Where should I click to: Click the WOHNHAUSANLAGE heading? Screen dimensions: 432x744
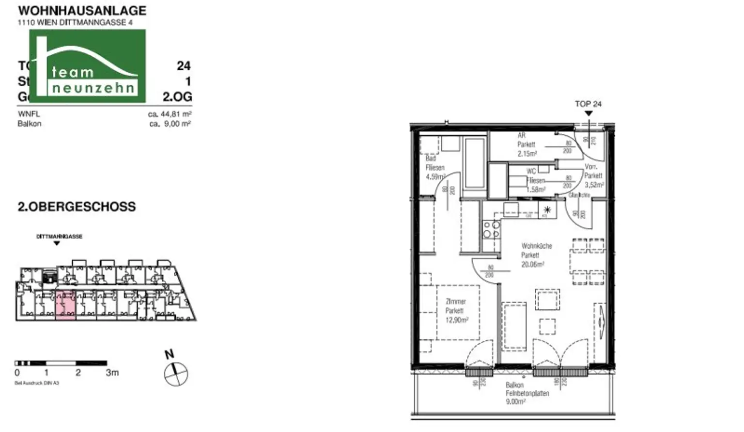tap(82, 11)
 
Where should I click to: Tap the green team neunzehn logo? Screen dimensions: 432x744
tap(87, 66)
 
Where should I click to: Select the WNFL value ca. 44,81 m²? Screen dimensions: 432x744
tap(170, 114)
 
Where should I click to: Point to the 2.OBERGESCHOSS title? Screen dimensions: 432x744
tap(77, 207)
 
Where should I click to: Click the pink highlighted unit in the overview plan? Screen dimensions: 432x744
tap(65, 305)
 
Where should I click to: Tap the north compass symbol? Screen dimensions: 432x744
tap(175, 374)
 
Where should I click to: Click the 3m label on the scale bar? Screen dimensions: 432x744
tap(112, 373)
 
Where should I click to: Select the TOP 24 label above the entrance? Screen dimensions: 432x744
tap(588, 104)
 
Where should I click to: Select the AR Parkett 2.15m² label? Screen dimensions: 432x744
tap(527, 144)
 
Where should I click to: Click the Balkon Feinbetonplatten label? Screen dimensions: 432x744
tap(527, 393)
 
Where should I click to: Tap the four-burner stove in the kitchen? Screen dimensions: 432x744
tap(491, 229)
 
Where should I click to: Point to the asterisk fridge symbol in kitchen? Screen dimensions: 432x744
tap(547, 210)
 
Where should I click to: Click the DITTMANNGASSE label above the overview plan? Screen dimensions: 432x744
tap(59, 237)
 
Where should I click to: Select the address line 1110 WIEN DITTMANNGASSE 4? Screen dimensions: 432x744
tap(75, 22)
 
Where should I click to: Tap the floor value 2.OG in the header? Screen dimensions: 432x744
tap(177, 97)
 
